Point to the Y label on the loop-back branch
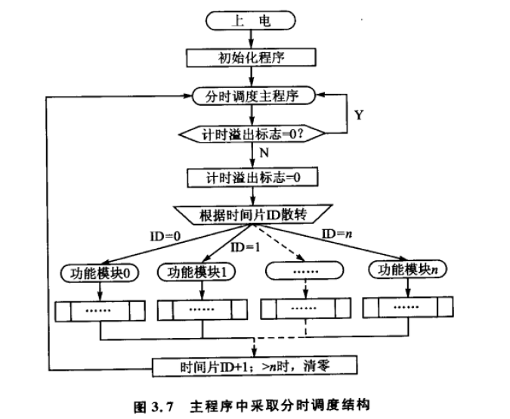[358, 116]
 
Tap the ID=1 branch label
[241, 247]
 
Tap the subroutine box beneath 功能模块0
[100, 310]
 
